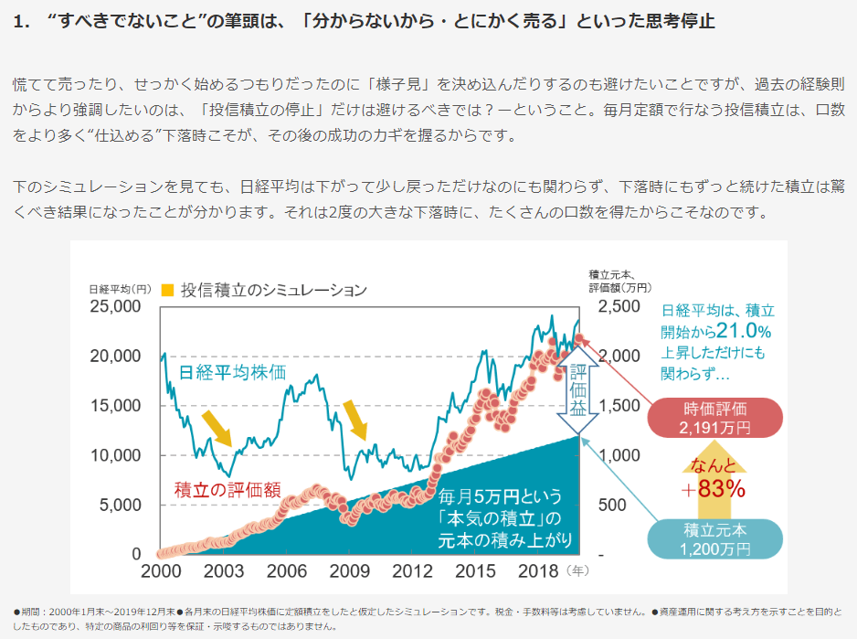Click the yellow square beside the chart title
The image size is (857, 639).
[x=167, y=290]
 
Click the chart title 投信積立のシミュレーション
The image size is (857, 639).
[x=273, y=290]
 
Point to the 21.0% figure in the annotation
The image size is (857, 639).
[x=745, y=330]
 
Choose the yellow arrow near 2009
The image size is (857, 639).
[x=354, y=419]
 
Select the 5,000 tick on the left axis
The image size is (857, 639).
[x=121, y=505]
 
